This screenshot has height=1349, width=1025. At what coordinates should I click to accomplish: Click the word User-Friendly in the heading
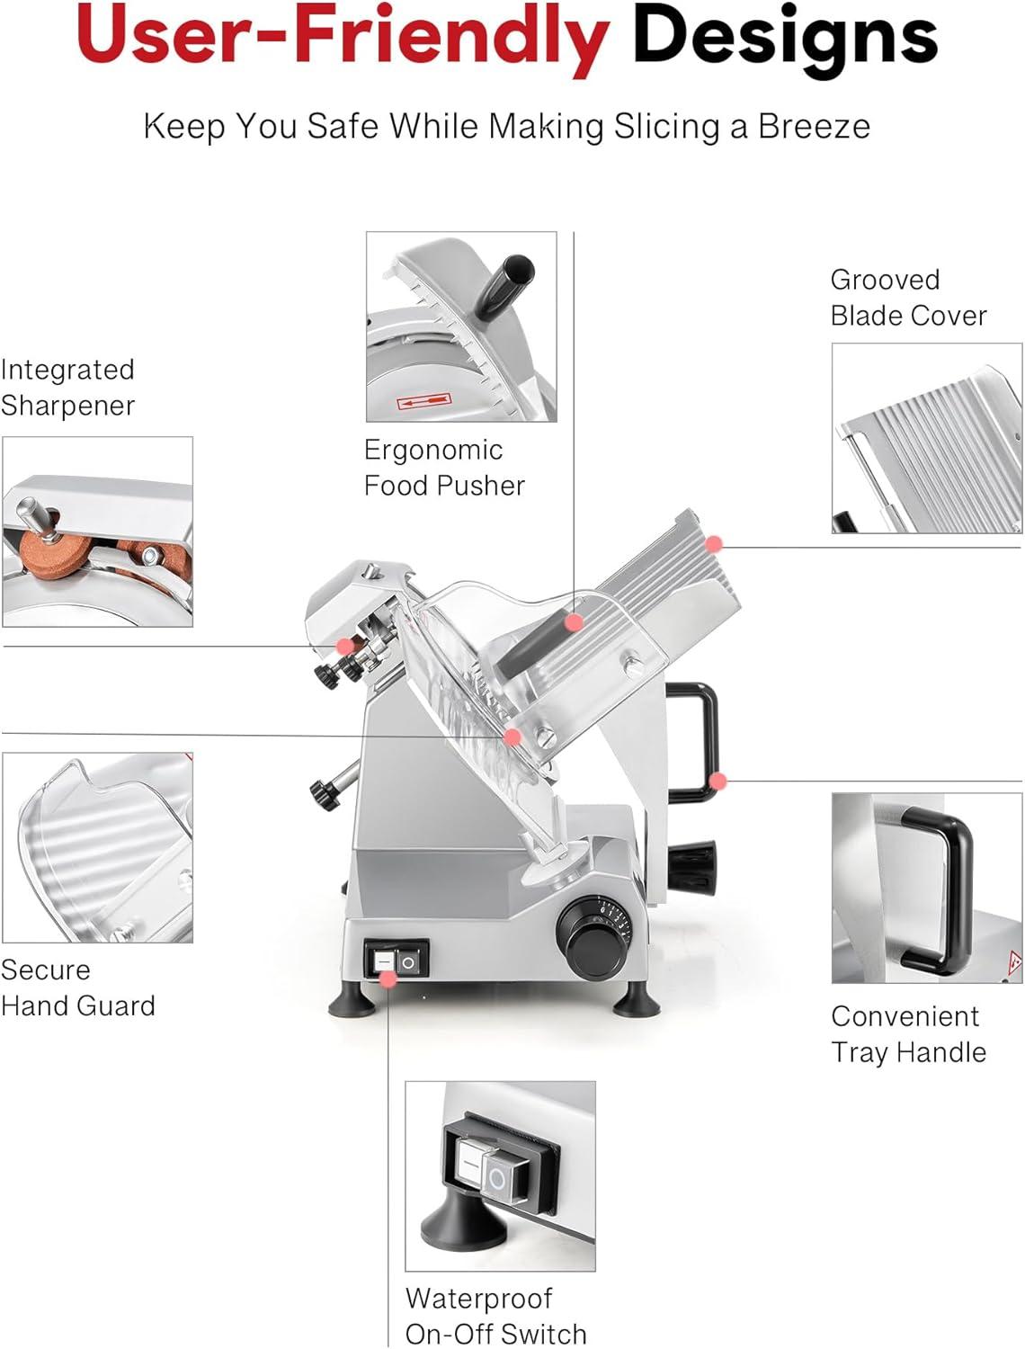point(343,36)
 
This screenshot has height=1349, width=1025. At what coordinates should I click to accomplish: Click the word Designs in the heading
point(785,36)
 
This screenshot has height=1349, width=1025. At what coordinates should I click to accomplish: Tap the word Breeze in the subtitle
point(814,126)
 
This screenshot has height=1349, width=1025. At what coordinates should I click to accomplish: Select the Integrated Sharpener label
point(67,387)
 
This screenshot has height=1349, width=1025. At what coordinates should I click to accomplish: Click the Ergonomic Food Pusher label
point(444,468)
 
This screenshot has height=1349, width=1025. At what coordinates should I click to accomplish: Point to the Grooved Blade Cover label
point(908,298)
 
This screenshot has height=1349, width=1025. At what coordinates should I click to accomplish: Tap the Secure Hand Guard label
point(77,987)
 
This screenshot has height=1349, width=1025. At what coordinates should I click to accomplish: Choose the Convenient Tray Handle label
point(908,1034)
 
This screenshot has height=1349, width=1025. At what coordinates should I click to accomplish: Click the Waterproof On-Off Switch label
point(495,1316)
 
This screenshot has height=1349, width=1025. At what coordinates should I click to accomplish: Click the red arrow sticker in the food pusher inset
point(423,402)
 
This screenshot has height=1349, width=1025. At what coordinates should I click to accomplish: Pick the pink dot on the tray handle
point(717,781)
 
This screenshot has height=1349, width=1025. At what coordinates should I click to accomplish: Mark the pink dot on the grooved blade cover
point(714,543)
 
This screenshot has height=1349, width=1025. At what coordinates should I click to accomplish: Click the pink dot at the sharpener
point(343,646)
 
